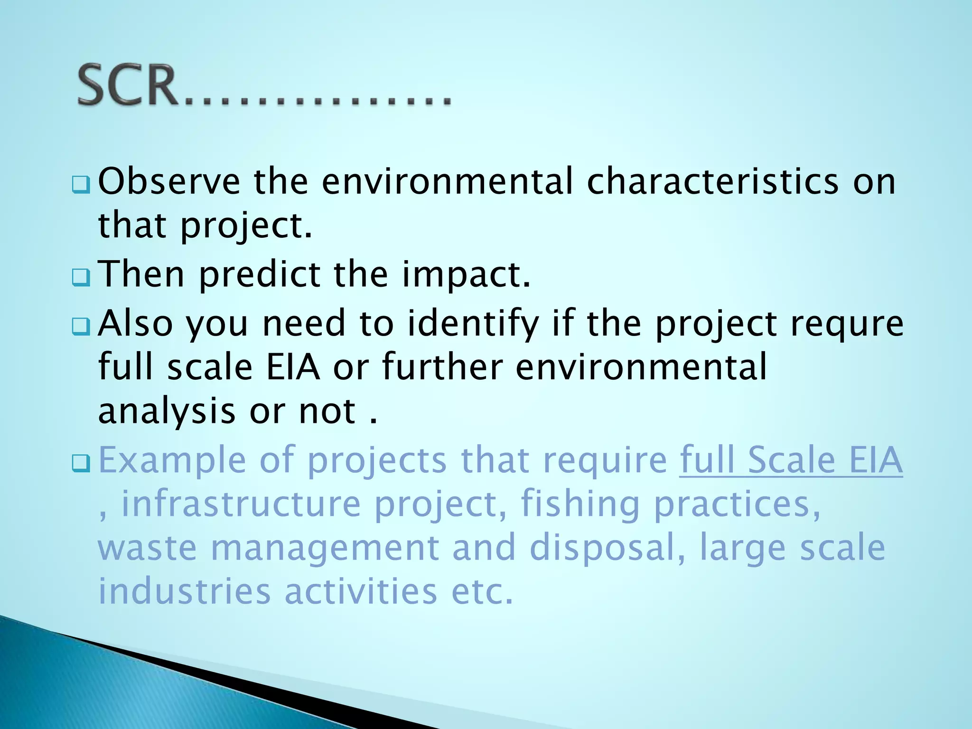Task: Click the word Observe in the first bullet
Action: point(169,181)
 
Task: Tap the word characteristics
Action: point(712,181)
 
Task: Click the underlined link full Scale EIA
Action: point(791,460)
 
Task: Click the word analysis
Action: point(167,412)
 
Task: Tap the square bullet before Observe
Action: point(81,184)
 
